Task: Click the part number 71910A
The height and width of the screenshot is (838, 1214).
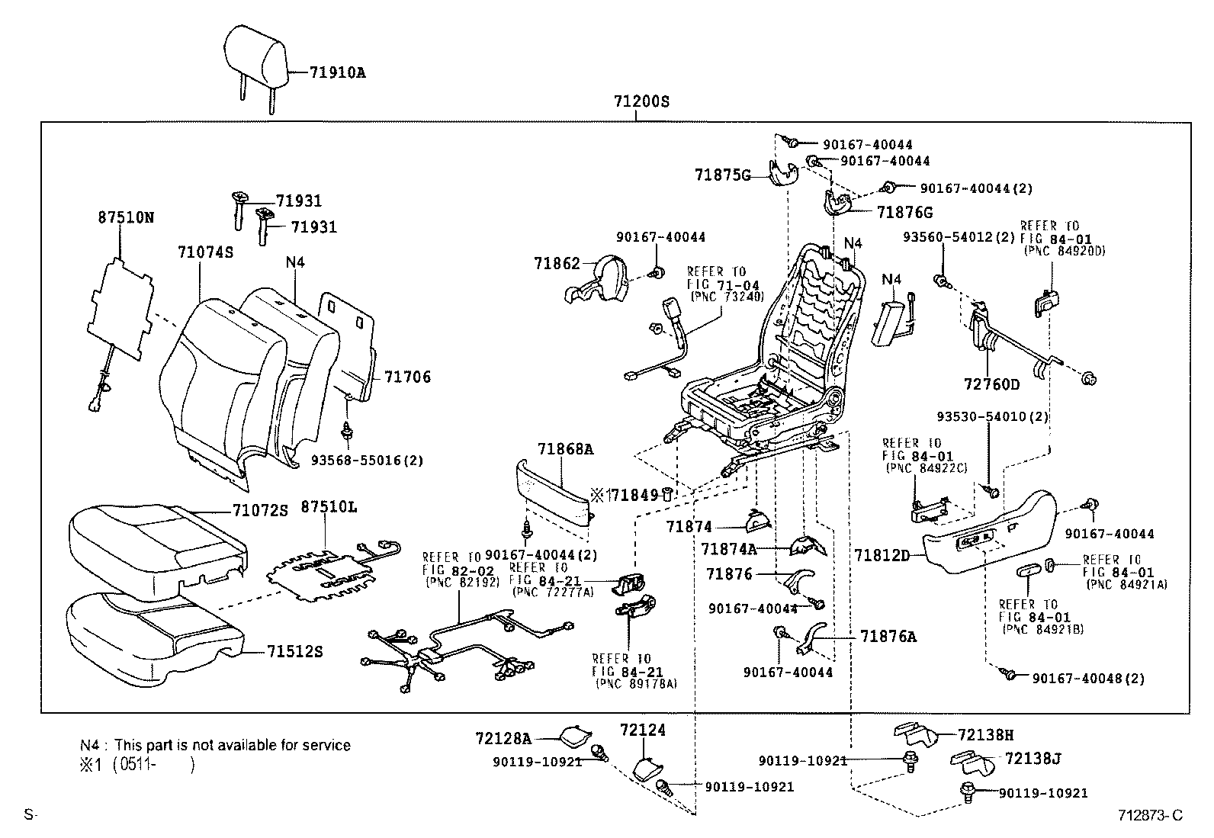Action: click(x=337, y=73)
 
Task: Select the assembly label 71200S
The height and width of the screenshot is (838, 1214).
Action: click(x=641, y=101)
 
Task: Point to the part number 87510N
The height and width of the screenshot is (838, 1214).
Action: click(x=125, y=217)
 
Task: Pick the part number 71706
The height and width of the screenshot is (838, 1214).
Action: click(x=407, y=377)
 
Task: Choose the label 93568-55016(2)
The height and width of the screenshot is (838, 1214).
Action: click(x=367, y=461)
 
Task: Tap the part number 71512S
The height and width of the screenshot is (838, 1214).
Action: click(x=294, y=651)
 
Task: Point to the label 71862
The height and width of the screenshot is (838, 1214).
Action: click(x=557, y=263)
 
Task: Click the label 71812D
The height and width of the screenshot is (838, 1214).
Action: click(x=882, y=555)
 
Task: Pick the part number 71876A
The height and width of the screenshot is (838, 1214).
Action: click(x=888, y=636)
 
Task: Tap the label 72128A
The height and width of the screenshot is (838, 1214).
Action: click(x=503, y=738)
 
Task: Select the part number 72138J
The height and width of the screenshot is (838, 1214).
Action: click(x=1033, y=759)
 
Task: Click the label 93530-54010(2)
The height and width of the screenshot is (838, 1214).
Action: click(x=992, y=417)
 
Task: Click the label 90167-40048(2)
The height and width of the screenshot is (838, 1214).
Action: click(x=1088, y=678)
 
